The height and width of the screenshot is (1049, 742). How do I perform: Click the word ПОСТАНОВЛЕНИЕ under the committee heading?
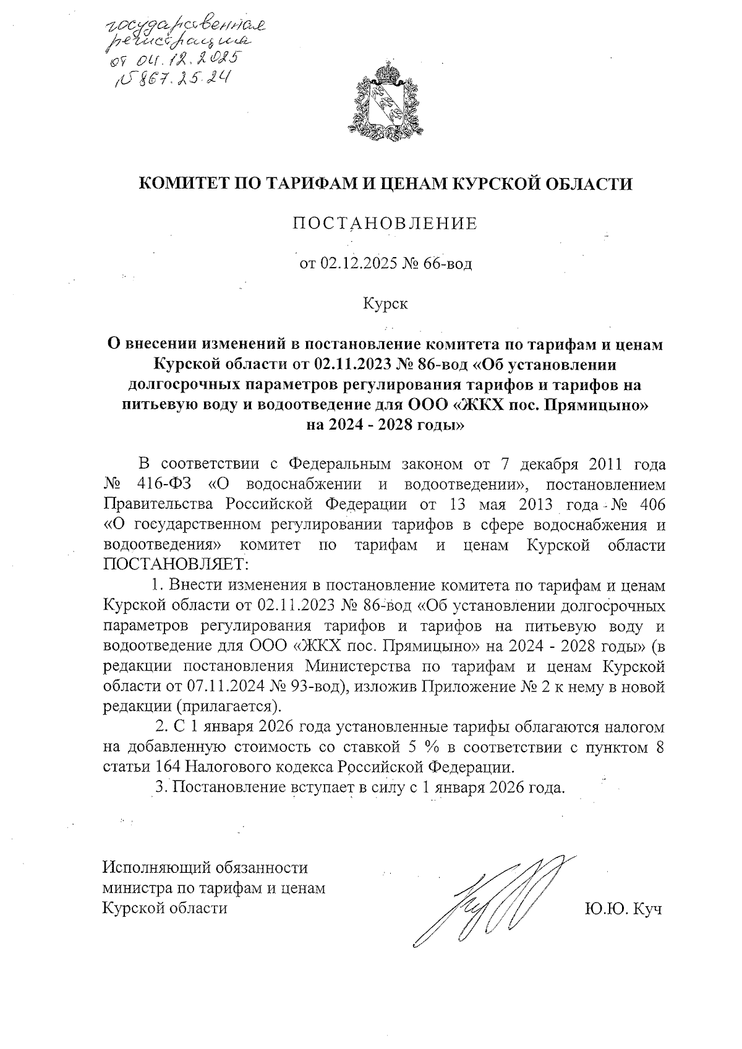(x=385, y=223)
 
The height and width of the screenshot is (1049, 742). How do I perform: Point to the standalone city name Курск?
(x=385, y=304)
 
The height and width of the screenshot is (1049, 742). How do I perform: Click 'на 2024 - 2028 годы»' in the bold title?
(x=385, y=426)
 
